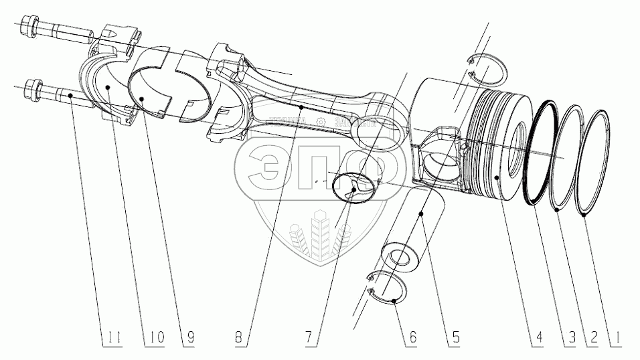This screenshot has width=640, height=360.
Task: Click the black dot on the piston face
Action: click(x=495, y=177)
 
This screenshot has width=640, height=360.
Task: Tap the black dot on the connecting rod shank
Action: click(x=302, y=106)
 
